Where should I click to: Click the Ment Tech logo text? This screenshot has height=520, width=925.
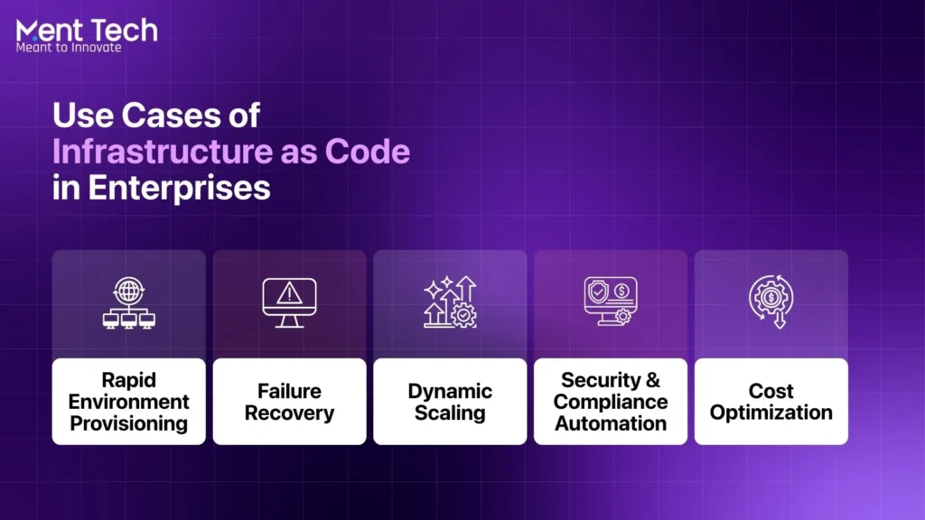click(87, 30)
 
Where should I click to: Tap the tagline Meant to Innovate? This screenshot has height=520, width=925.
click(69, 47)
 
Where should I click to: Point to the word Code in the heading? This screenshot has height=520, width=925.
click(372, 152)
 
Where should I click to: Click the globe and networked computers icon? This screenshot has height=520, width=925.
click(128, 302)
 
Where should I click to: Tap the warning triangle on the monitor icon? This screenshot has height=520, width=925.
click(289, 292)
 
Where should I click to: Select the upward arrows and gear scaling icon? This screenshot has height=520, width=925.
click(450, 302)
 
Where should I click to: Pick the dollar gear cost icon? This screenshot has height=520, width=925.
click(771, 301)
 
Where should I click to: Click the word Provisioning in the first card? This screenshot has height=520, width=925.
click(128, 422)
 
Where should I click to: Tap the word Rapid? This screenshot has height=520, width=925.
click(128, 380)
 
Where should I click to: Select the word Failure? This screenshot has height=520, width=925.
click(289, 392)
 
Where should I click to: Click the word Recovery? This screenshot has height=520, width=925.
click(289, 413)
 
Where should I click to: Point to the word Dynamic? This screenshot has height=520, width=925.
click(450, 392)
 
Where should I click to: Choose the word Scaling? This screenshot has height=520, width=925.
click(450, 413)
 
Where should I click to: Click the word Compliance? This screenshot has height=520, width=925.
click(611, 402)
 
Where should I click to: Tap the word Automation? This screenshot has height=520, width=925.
click(611, 422)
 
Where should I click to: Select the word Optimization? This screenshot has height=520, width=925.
click(771, 413)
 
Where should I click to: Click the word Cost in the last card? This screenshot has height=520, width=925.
click(771, 392)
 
